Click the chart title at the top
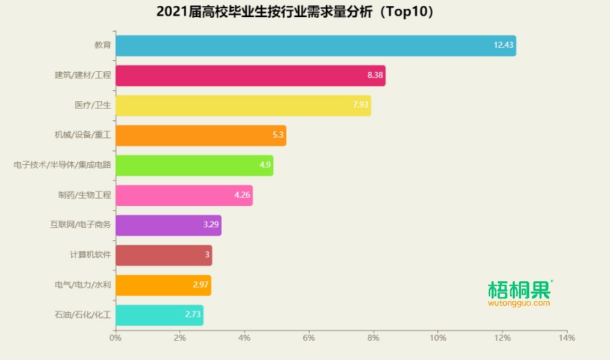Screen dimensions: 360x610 click(295, 12)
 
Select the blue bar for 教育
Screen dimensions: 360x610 click(315, 46)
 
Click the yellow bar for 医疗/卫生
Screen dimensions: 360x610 click(243, 105)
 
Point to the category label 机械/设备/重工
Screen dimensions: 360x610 click(83, 136)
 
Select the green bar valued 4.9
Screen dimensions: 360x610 click(194, 166)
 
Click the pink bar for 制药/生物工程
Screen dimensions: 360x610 click(183, 195)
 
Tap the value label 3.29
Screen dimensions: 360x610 click(211, 225)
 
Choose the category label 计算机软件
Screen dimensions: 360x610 click(90, 255)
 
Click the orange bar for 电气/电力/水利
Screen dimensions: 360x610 click(163, 285)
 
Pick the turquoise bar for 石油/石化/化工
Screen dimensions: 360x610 click(159, 315)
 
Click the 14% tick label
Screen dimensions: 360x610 click(567, 337)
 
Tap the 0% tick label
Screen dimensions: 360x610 click(116, 337)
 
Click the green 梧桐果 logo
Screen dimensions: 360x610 click(519, 290)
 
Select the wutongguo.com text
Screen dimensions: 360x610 click(519, 303)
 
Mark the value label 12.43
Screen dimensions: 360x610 click(503, 46)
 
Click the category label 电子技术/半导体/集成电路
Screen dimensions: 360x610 click(62, 166)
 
